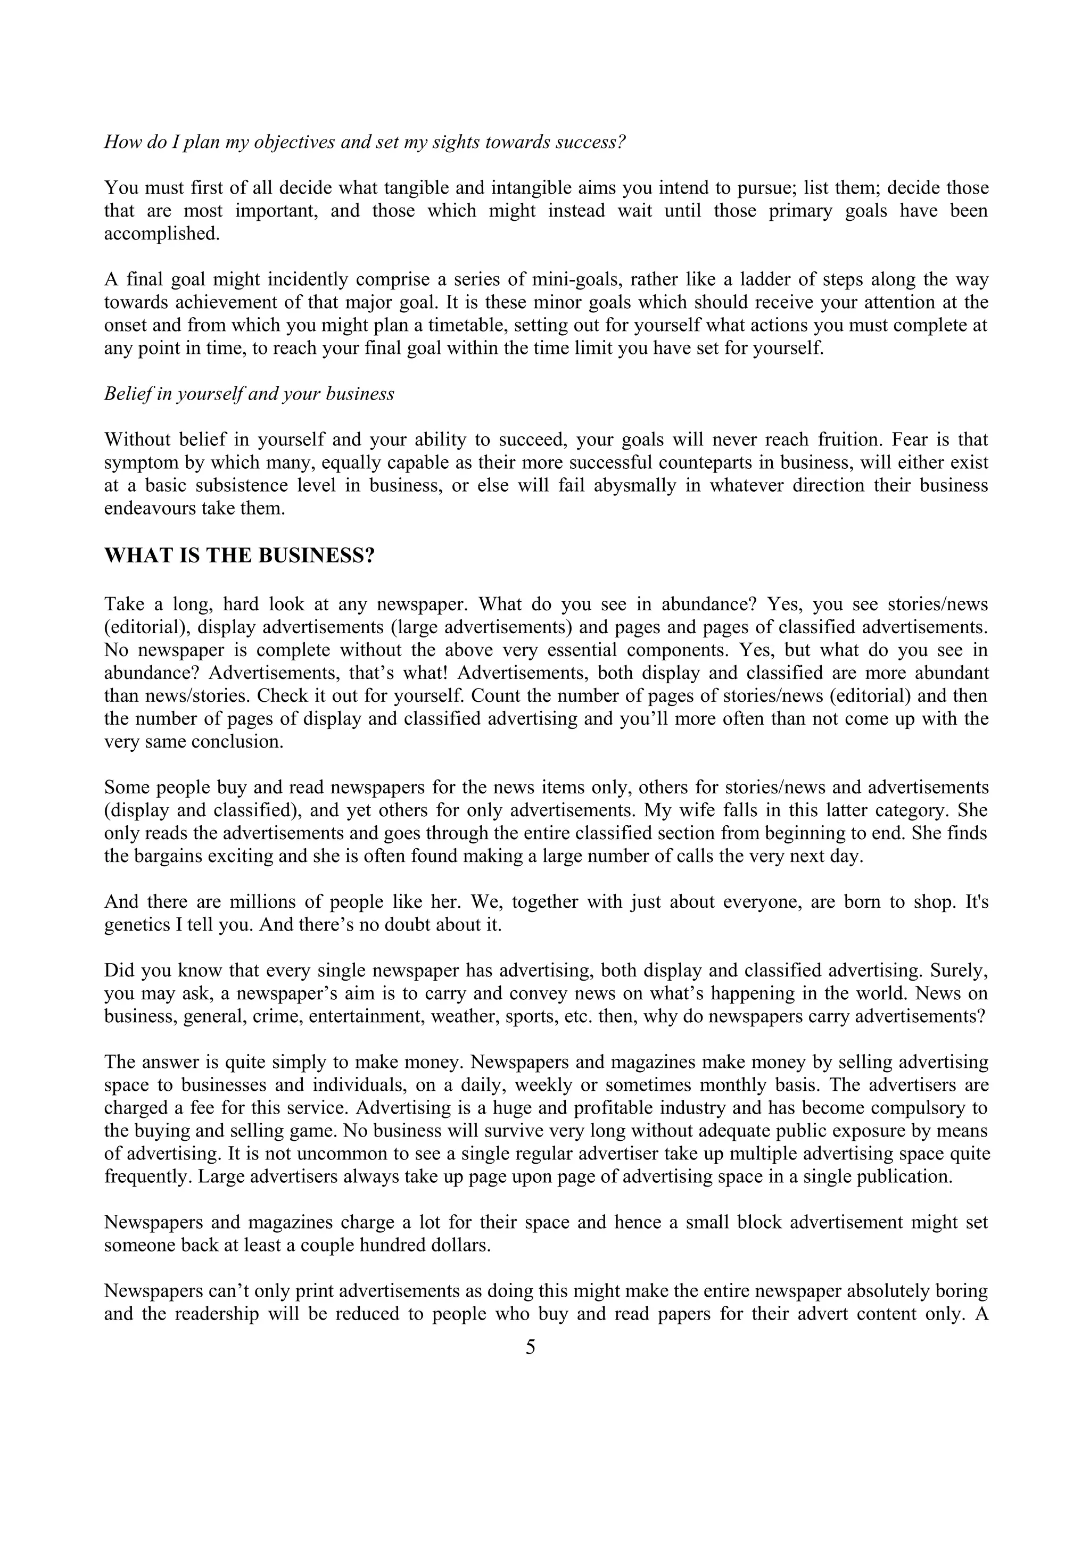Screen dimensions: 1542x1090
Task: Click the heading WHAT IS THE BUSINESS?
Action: [x=239, y=556]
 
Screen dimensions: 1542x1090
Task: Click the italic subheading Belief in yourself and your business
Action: [x=249, y=394]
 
